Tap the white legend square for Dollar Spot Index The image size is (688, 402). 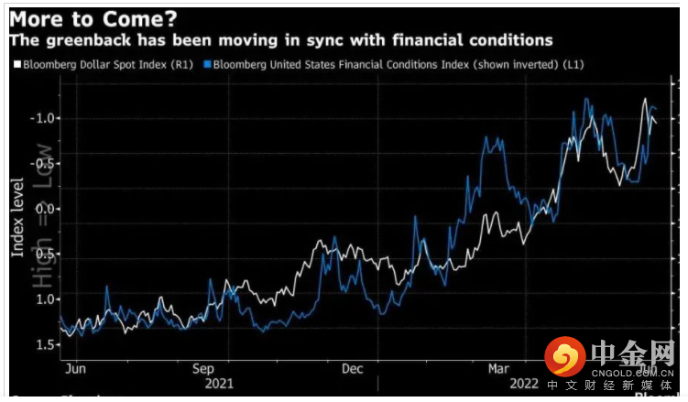click(x=16, y=65)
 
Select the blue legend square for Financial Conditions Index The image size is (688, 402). click(x=208, y=65)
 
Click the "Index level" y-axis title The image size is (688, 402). click(x=17, y=218)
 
